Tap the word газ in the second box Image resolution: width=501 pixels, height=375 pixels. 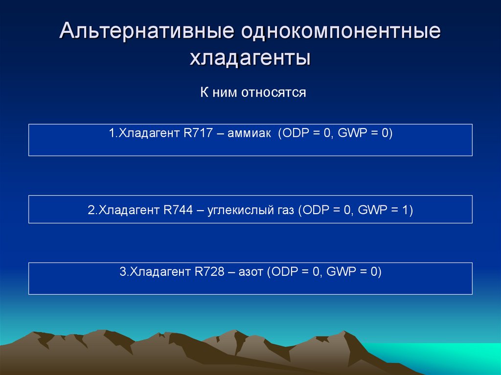(x=283, y=211)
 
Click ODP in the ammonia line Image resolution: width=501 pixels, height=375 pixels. (x=293, y=133)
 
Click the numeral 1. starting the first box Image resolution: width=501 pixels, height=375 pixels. (x=112, y=133)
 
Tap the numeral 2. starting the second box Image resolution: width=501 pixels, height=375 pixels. (x=91, y=211)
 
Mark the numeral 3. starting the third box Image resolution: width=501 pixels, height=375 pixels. (x=123, y=272)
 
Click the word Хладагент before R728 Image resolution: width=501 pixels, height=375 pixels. (x=159, y=272)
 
